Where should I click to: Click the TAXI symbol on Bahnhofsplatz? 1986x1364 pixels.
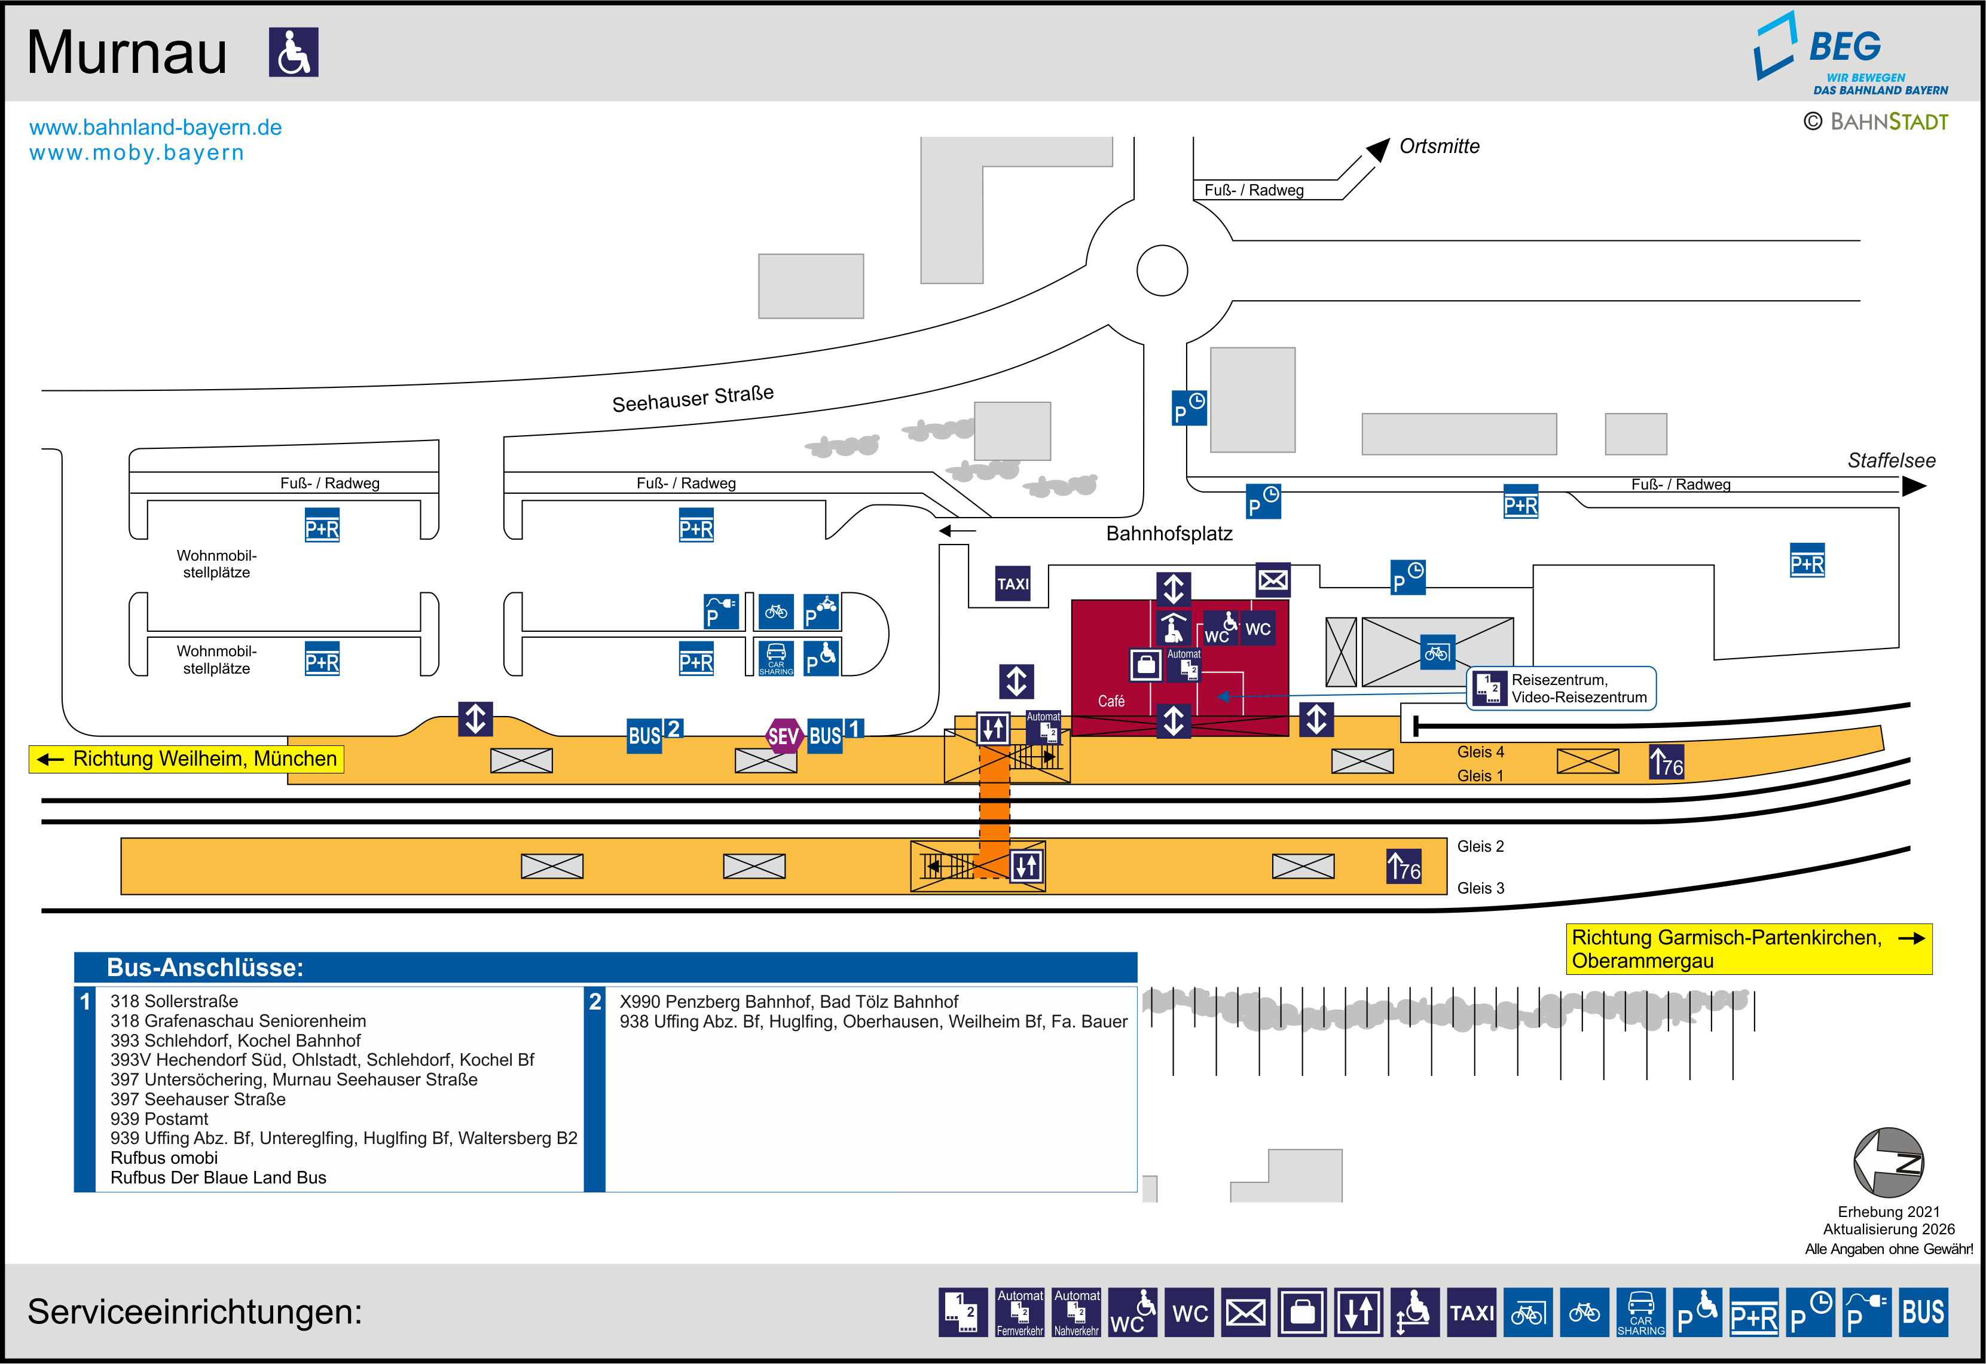(x=1013, y=584)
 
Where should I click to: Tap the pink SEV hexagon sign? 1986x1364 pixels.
(x=783, y=736)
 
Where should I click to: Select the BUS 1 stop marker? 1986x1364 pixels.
(x=833, y=733)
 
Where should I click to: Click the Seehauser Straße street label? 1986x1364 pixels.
(x=692, y=398)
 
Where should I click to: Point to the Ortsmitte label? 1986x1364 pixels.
(x=1439, y=146)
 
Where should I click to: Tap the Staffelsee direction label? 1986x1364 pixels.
(x=1890, y=461)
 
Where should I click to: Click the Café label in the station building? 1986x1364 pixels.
(x=1111, y=701)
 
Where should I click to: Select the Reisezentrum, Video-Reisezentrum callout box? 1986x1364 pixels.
(x=1562, y=688)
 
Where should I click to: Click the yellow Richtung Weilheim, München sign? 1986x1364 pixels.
(x=187, y=759)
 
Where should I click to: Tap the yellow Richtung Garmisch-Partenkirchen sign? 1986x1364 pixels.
(x=1747, y=949)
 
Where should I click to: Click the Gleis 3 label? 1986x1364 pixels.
(x=1480, y=888)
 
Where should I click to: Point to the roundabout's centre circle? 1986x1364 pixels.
(x=1162, y=270)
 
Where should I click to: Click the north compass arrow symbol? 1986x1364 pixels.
(x=1888, y=1163)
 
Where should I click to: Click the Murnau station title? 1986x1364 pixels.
(x=127, y=53)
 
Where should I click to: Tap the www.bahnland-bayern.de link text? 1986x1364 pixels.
(x=155, y=127)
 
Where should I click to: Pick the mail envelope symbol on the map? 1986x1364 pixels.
(x=1272, y=580)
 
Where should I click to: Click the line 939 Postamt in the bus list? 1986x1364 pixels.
(x=160, y=1119)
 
